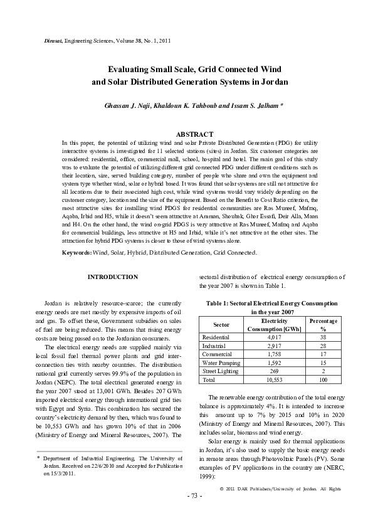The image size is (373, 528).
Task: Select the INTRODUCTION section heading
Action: pyautogui.click(x=113, y=277)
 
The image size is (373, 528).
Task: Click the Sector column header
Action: pyautogui.click(x=221, y=324)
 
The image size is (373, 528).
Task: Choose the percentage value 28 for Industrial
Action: pyautogui.click(x=323, y=346)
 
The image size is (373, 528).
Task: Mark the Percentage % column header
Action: pyautogui.click(x=323, y=324)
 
